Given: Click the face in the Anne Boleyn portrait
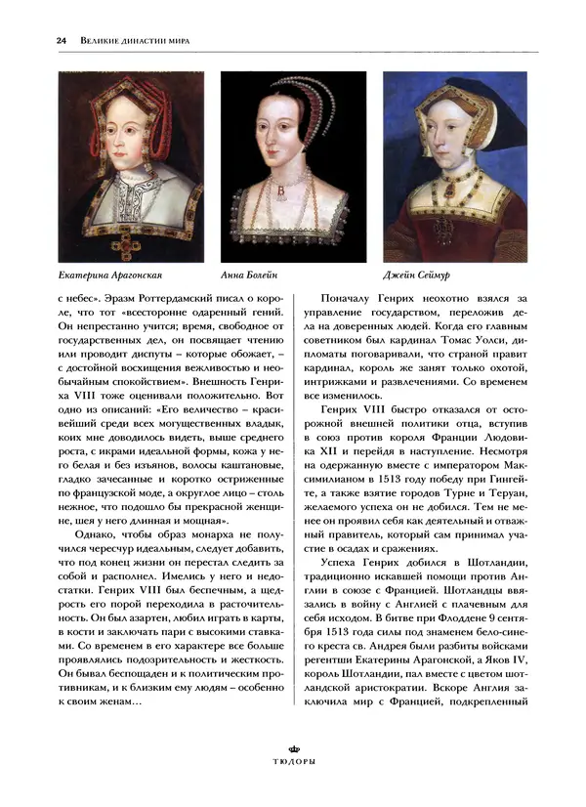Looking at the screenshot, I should click(x=280, y=137).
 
